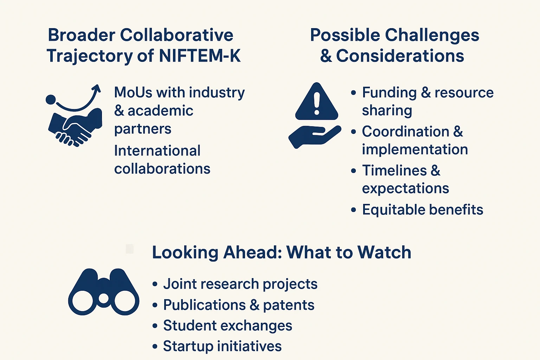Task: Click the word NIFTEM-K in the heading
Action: pos(200,56)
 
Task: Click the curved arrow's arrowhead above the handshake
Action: pos(97,88)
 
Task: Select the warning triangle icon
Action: pos(316,101)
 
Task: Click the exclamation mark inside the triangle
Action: pos(317,104)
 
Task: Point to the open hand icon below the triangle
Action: pos(315,137)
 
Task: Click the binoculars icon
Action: pos(104,292)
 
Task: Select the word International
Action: pos(157,151)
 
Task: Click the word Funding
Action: pos(389,92)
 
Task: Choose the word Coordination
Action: pos(406,131)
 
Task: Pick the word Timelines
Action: pos(395,171)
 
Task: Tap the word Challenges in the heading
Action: pos(432,36)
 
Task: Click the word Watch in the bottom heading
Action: pos(384,252)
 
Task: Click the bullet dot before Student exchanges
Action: pos(155,326)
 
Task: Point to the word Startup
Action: pos(188,347)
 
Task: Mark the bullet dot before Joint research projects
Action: pos(155,284)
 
